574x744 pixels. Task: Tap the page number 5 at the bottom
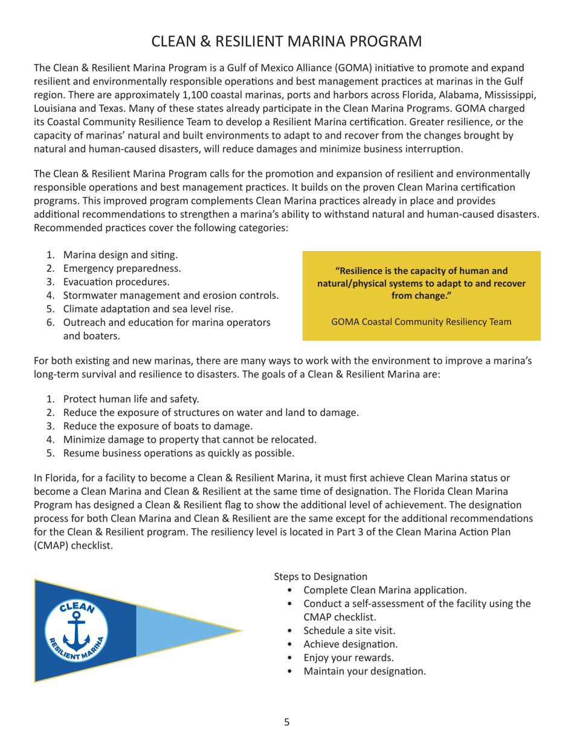click(x=287, y=722)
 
